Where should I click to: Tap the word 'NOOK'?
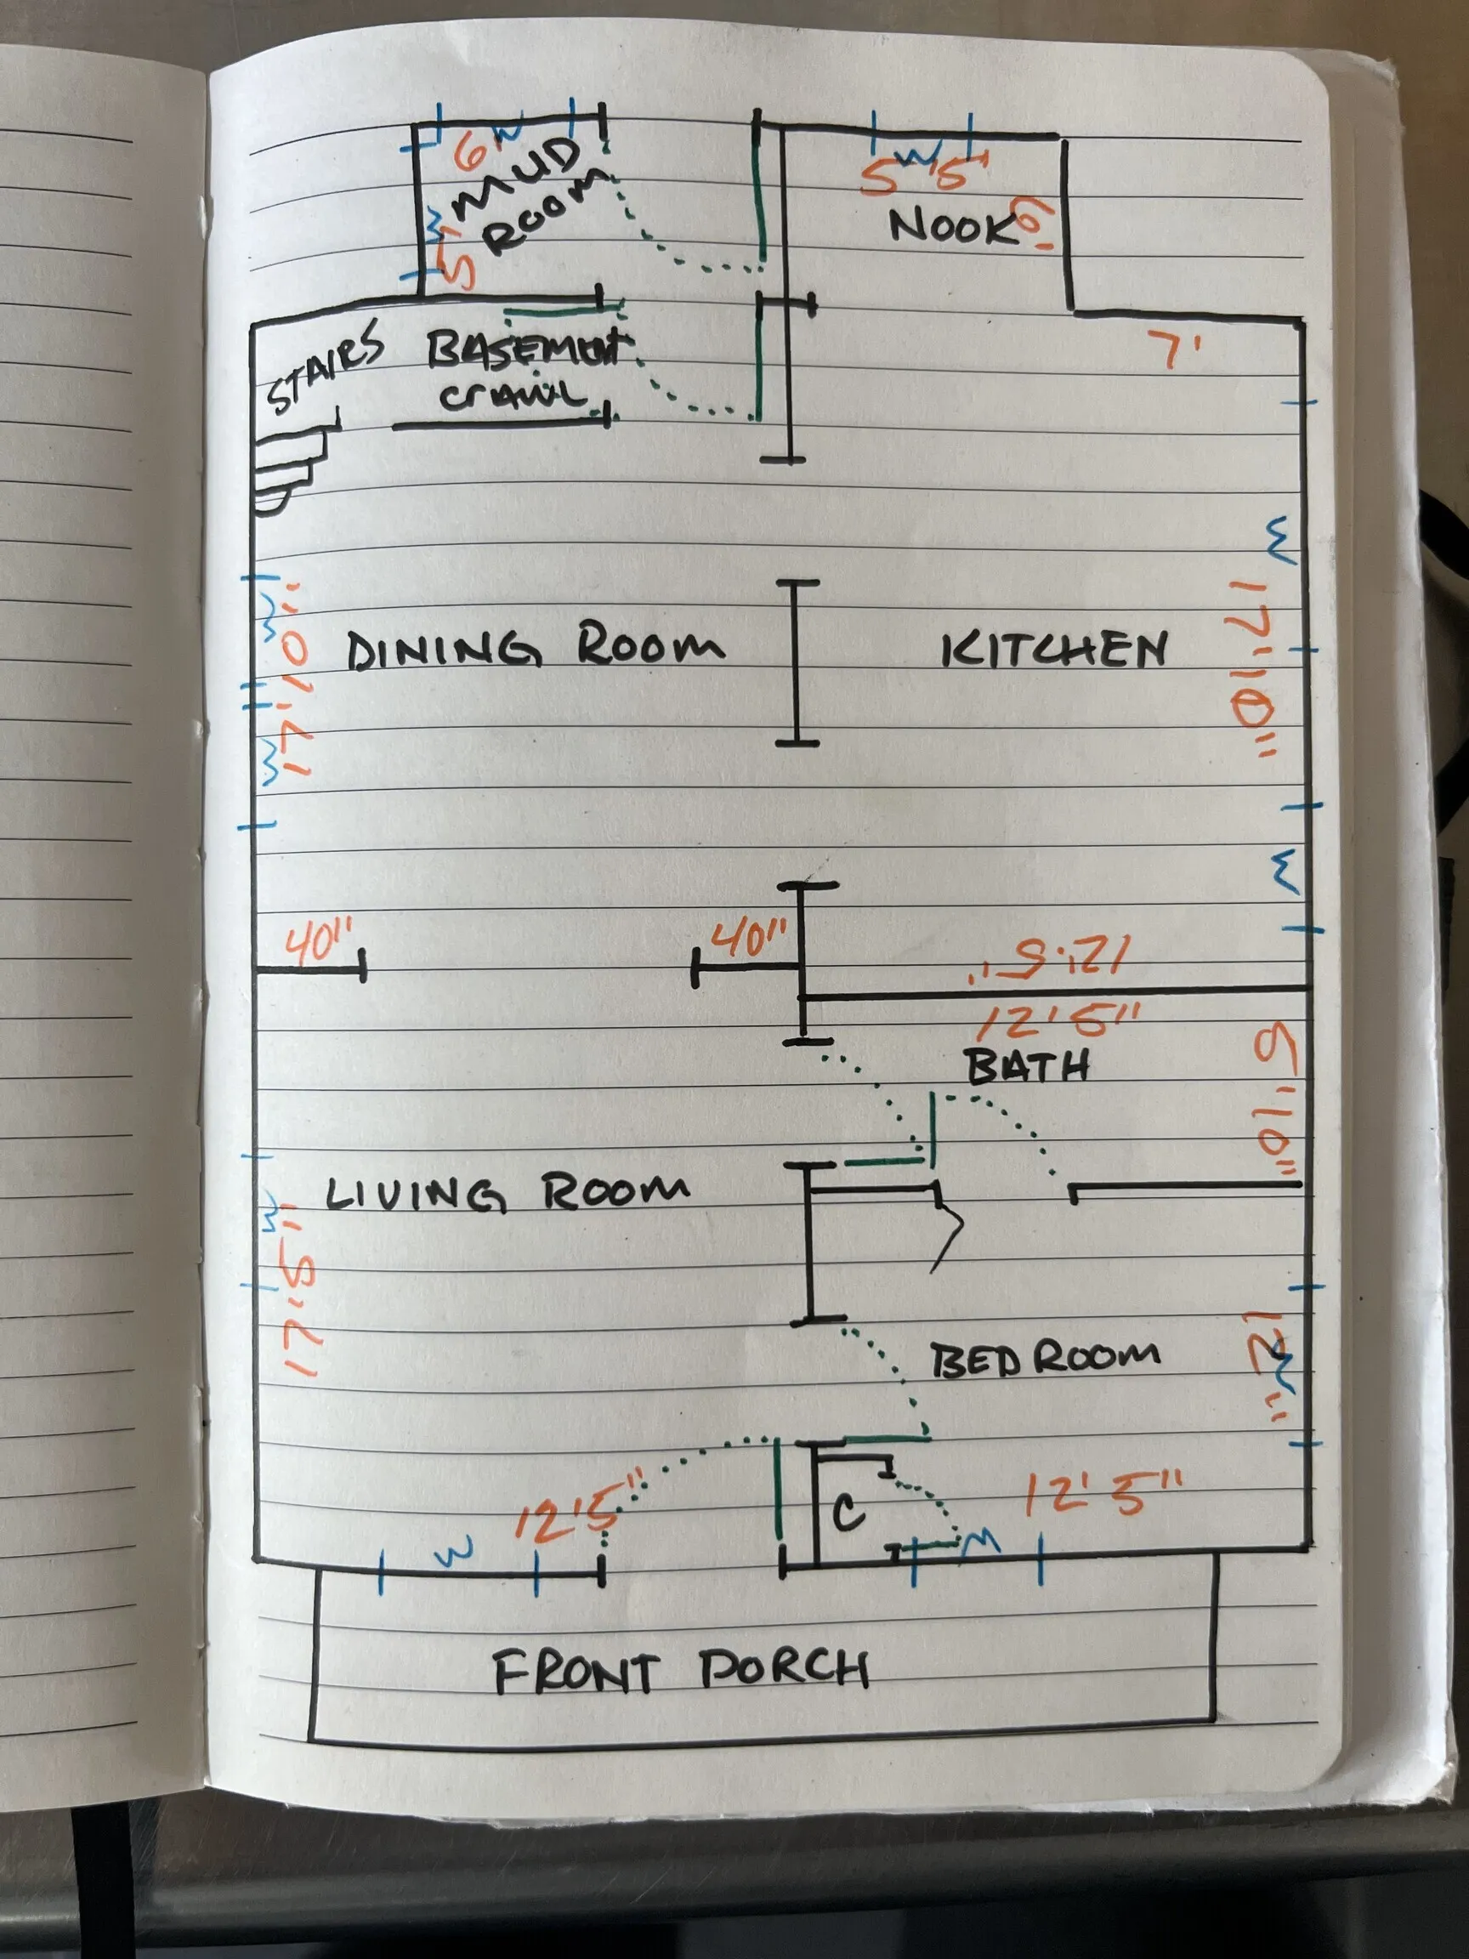(952, 228)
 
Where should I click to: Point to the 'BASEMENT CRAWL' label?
(523, 372)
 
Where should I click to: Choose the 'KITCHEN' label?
(1052, 651)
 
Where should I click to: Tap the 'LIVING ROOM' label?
(506, 1193)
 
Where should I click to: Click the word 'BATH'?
(1027, 1067)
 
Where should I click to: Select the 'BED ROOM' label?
(1044, 1357)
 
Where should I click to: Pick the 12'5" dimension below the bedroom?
(1102, 1497)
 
